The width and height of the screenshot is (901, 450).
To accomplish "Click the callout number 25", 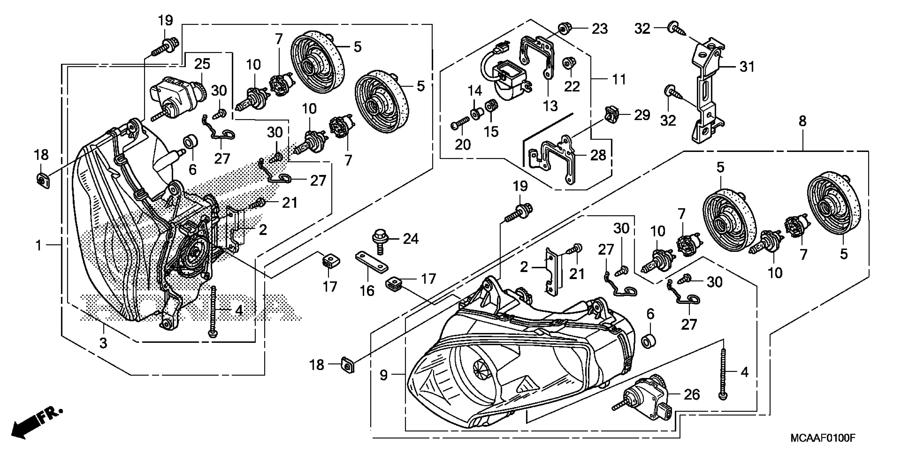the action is click(x=202, y=64).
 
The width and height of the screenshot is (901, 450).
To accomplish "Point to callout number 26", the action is click(x=692, y=395).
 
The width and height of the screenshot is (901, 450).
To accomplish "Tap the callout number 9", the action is click(x=384, y=376).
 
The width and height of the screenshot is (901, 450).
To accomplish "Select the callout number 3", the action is click(x=103, y=343).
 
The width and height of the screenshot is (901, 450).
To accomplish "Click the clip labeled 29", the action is click(x=611, y=115).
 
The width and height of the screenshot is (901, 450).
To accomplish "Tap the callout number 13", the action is click(x=550, y=106).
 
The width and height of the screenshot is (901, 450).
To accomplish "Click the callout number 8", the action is click(x=802, y=121).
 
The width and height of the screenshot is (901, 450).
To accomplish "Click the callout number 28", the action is click(x=598, y=155).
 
